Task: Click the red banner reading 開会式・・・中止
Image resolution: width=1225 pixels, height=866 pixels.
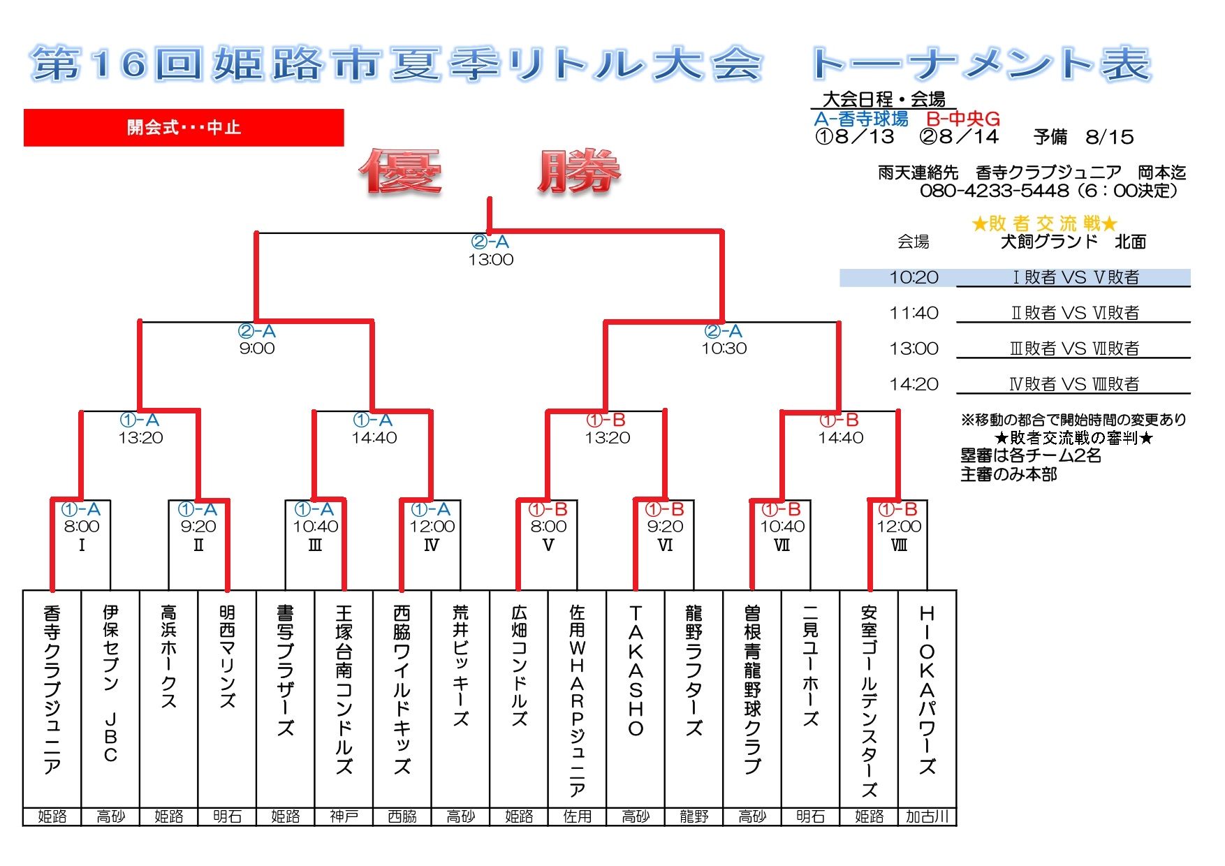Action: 184,127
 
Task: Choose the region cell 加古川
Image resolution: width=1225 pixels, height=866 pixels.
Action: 927,816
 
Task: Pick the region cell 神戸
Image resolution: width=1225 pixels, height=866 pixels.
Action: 344,816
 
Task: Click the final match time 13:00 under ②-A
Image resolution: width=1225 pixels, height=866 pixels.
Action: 491,260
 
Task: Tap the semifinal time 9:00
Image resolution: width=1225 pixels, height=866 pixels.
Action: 257,348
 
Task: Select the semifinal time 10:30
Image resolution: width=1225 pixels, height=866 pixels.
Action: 724,348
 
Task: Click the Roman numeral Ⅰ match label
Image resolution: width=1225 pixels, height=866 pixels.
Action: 82,545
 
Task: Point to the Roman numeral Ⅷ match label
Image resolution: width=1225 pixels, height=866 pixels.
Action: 900,545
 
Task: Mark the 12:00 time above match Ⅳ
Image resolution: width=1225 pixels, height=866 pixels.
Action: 432,527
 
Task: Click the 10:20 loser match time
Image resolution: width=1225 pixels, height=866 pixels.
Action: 914,277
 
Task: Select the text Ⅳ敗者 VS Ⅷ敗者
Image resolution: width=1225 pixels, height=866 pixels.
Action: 1074,384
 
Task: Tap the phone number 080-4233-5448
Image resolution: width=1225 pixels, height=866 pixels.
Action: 995,191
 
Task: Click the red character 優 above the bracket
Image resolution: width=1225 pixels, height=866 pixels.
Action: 400,172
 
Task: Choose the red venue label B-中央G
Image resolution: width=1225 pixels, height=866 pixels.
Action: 963,119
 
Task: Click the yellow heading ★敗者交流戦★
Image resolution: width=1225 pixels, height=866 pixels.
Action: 1044,223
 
